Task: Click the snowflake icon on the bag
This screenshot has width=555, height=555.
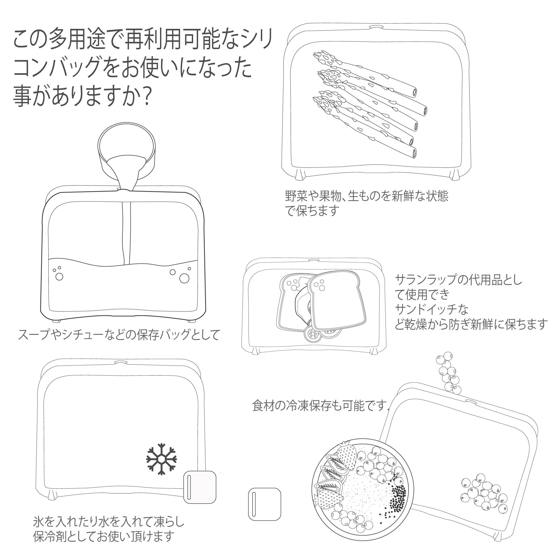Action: coord(161,467)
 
